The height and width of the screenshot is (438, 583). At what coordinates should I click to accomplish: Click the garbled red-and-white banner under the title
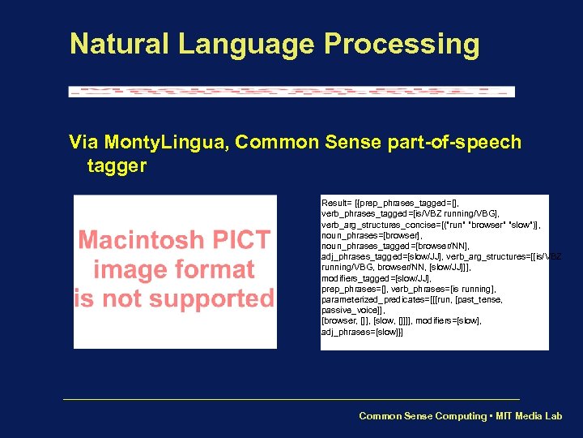(291, 92)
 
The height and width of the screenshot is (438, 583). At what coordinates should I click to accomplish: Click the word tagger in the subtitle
(117, 166)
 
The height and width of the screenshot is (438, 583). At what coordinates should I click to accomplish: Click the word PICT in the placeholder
(241, 241)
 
